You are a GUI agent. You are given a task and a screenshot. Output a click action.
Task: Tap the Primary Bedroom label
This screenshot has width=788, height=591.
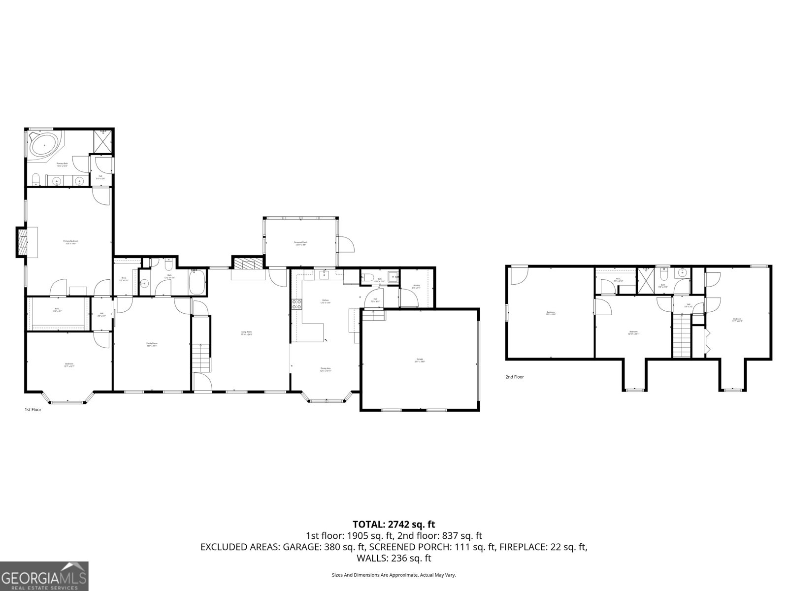click(x=70, y=242)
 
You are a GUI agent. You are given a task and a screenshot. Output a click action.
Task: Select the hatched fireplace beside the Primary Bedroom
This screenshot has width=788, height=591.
click(x=22, y=241)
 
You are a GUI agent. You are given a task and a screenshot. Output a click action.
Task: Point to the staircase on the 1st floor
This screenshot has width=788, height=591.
click(x=201, y=345)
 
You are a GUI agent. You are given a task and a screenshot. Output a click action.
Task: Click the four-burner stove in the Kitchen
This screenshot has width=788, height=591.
click(x=297, y=304)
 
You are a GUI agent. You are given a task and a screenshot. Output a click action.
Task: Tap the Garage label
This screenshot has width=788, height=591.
click(x=420, y=360)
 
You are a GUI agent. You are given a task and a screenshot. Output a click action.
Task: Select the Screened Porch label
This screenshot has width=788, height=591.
click(x=300, y=243)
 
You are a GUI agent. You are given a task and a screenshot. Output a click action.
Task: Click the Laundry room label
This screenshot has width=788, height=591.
click(x=416, y=286)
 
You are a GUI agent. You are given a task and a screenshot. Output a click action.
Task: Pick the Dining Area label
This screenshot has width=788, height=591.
click(x=326, y=369)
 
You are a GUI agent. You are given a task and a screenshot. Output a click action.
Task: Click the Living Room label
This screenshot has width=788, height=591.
click(x=247, y=333)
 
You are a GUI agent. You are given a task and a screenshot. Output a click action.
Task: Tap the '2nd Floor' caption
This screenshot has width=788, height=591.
click(x=515, y=377)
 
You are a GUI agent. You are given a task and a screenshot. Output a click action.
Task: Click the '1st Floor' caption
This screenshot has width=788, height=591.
click(x=33, y=409)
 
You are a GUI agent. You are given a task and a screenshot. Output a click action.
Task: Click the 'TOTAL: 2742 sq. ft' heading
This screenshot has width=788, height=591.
click(x=394, y=525)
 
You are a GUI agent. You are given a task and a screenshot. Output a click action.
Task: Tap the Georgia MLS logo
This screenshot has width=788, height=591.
click(x=44, y=576)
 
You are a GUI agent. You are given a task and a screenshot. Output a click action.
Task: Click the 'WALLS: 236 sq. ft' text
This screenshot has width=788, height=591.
click(x=394, y=558)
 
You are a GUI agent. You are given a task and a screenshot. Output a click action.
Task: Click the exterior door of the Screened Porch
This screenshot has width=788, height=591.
click(x=346, y=244)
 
